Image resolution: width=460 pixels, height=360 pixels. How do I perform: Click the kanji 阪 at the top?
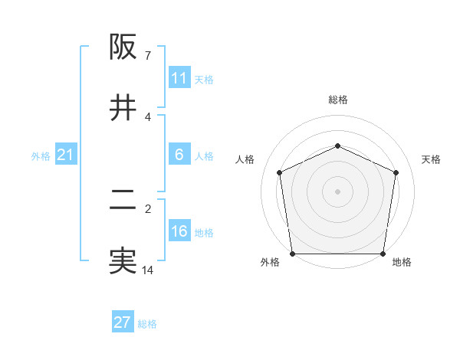click(x=123, y=47)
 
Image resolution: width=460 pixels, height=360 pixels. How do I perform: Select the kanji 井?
click(x=123, y=108)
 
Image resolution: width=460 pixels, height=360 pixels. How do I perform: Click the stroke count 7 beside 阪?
click(x=147, y=56)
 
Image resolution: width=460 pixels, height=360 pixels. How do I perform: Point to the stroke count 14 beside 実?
click(x=147, y=270)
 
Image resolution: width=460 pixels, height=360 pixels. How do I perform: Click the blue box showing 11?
click(x=179, y=78)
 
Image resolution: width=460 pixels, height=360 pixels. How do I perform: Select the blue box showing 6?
click(x=179, y=155)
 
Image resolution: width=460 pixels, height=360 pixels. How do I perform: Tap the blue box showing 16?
click(x=179, y=231)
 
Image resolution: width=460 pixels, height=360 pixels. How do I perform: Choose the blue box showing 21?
click(x=65, y=155)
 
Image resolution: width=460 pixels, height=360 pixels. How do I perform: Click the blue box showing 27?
click(x=123, y=322)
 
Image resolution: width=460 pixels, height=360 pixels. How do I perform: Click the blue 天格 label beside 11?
click(x=204, y=79)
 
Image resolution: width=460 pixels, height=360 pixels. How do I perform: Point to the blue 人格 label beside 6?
click(x=204, y=155)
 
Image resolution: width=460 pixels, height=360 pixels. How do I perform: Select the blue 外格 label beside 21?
click(x=41, y=155)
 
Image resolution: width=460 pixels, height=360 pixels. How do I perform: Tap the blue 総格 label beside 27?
click(x=147, y=323)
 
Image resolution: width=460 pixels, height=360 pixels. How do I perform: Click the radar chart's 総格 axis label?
click(x=337, y=100)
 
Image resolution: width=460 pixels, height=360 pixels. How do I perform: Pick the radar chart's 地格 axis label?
click(x=402, y=262)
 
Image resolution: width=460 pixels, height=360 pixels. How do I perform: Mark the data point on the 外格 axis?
click(x=292, y=254)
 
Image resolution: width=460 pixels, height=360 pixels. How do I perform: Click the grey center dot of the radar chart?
click(x=337, y=191)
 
